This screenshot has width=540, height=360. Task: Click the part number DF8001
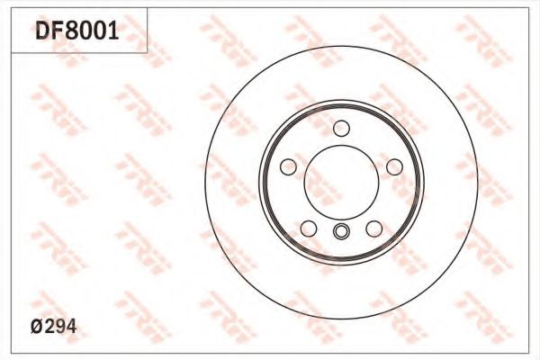tap(77, 30)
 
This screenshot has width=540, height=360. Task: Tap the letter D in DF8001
tap(43, 30)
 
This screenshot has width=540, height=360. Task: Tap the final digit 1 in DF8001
tap(115, 30)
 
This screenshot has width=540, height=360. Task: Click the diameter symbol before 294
tap(37, 326)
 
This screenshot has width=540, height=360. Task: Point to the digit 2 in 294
tap(49, 326)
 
